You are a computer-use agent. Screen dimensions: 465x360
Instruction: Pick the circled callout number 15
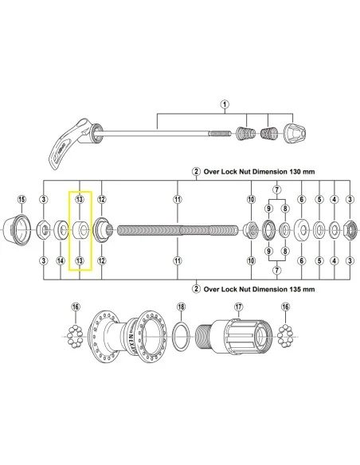[x=22, y=198]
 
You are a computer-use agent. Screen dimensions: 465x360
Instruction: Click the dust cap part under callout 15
[x=22, y=231]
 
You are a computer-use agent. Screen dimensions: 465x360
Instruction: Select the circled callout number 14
[x=61, y=260]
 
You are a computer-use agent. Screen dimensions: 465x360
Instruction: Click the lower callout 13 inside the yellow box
[x=80, y=260]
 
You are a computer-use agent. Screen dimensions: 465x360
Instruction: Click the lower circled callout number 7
[x=276, y=271]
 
